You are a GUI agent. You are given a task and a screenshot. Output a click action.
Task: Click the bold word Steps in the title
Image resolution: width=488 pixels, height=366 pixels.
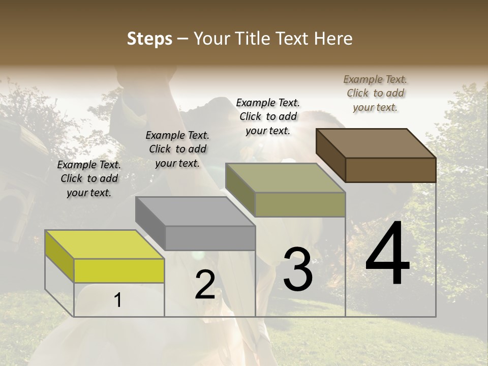149,39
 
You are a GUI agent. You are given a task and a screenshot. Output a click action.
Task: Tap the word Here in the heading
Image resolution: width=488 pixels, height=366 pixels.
333,39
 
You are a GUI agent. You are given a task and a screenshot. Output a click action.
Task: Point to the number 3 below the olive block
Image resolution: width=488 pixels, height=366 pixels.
298,269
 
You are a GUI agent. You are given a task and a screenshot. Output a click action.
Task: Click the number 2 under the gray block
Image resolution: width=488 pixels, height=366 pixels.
205,285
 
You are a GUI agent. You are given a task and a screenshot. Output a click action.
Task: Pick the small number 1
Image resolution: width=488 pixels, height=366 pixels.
118,300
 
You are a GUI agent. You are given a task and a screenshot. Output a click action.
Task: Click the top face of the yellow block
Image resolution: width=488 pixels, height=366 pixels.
105,245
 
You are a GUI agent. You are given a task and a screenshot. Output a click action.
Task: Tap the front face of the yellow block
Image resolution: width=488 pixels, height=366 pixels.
119,270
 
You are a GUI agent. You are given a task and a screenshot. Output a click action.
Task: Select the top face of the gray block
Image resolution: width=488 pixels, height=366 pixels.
195,211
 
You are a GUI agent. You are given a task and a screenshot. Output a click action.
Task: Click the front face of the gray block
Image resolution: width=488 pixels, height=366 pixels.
210,238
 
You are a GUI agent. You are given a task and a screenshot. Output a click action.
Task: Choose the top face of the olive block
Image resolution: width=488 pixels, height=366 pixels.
285,178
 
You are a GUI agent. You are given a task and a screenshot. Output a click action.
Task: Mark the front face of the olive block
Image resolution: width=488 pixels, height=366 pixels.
300,204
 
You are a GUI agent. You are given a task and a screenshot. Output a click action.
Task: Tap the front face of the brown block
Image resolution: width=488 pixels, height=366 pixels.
390,170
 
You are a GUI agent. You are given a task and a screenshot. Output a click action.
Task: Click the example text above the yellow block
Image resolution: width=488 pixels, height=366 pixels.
89,179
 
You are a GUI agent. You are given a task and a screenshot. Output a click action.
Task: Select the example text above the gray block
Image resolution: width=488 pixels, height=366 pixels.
177,149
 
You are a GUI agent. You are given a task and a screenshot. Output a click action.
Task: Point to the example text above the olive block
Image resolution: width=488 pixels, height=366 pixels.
268,116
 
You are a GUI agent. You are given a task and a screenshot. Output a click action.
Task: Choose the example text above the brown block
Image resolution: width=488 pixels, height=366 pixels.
375,93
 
